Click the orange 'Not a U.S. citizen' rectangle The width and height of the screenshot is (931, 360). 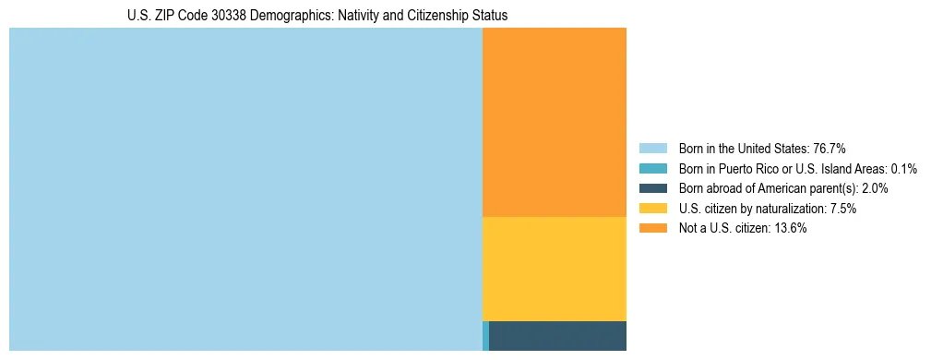pyautogui.click(x=554, y=122)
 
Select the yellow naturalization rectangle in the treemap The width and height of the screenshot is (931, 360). pyautogui.click(x=554, y=269)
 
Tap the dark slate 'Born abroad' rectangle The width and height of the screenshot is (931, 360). pyautogui.click(x=557, y=336)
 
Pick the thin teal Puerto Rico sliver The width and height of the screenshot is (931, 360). pyautogui.click(x=485, y=336)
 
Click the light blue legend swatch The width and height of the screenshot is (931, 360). pyautogui.click(x=652, y=148)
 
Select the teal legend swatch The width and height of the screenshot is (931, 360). pyautogui.click(x=652, y=168)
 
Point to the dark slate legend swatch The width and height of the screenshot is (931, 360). pyautogui.click(x=652, y=188)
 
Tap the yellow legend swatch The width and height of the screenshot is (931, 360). pyautogui.click(x=652, y=209)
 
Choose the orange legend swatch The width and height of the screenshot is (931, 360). pyautogui.click(x=652, y=229)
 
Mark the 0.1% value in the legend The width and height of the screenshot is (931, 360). pyautogui.click(x=904, y=168)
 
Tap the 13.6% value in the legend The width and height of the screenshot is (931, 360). pyautogui.click(x=790, y=229)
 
